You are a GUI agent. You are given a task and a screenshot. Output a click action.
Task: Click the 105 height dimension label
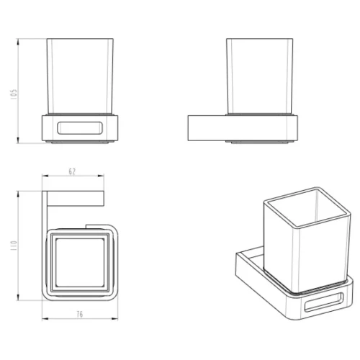(x=14, y=94)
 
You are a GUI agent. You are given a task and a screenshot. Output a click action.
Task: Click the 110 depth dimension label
(x=14, y=246)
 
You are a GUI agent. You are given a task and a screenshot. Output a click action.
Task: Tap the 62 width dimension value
(x=72, y=171)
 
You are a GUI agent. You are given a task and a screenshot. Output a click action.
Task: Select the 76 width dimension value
(x=80, y=314)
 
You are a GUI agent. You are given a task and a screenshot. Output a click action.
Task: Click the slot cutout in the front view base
(x=80, y=127)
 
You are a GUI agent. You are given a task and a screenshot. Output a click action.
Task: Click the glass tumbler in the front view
(x=80, y=76)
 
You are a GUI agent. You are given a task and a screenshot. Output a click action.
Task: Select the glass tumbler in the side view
(x=259, y=76)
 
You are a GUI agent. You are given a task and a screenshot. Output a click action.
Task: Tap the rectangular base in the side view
(x=243, y=128)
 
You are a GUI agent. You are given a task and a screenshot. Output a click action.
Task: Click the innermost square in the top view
(x=80, y=263)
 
